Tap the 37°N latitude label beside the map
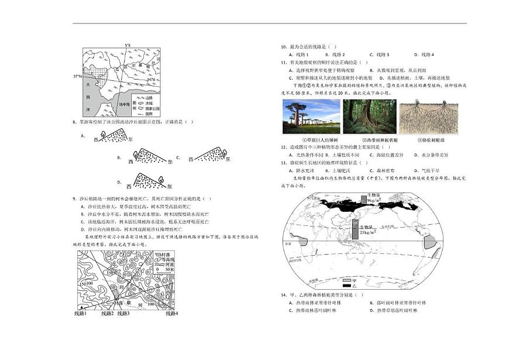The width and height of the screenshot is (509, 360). (77, 76)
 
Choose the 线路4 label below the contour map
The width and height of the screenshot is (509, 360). (171, 314)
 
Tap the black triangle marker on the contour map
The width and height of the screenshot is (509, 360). (80, 307)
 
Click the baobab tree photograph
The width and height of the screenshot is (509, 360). (311, 116)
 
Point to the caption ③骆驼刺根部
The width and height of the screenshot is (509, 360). (429, 140)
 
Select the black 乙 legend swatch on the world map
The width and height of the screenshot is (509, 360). (347, 286)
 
